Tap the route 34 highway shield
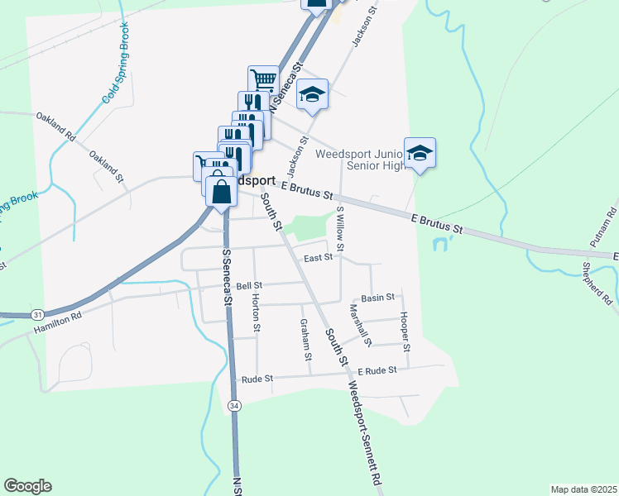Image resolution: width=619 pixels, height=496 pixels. [235, 405]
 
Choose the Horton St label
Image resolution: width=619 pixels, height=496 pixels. [257, 313]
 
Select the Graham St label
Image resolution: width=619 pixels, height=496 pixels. [306, 340]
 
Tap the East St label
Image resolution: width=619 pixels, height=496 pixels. [318, 257]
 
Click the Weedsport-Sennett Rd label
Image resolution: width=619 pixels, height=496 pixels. [365, 433]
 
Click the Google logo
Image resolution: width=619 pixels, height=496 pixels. [27, 486]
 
